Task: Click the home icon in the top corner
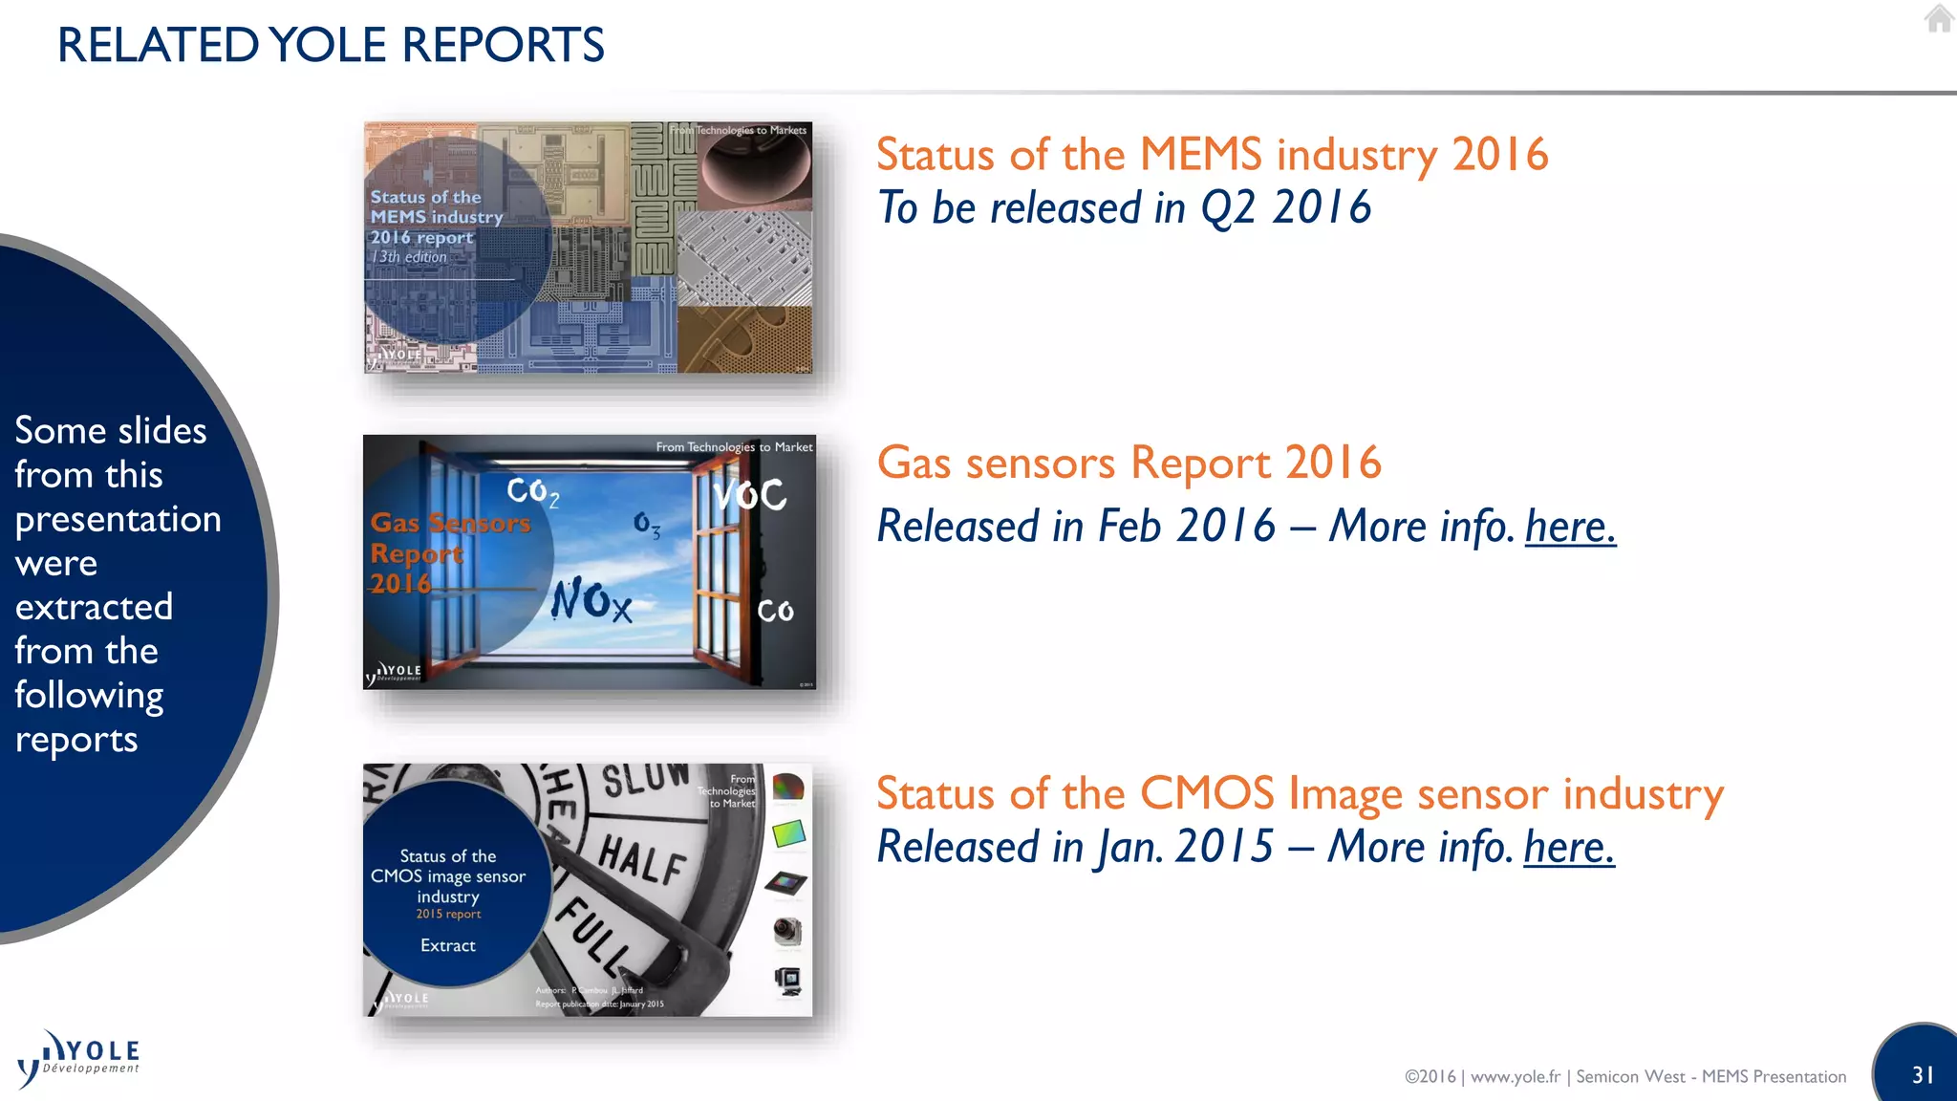pos(1938,18)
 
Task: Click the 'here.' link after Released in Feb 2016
pos(1570,527)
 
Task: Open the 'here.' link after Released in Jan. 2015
pos(1568,847)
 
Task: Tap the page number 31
pos(1923,1074)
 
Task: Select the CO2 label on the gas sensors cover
pos(532,491)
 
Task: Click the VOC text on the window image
pos(751,495)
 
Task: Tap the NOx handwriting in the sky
pos(591,600)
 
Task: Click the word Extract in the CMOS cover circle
pos(447,945)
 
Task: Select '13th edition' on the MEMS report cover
pos(409,257)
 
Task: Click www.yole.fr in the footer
pos(1515,1076)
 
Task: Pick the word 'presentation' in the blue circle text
pos(118,519)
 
